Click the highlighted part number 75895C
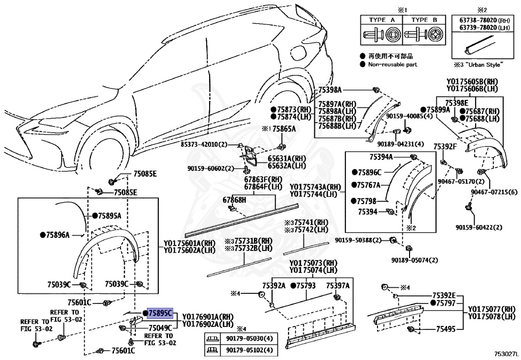(x=160, y=313)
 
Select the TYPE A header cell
(x=382, y=20)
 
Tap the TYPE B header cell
(x=424, y=20)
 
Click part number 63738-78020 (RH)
(x=484, y=20)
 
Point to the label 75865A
(x=284, y=129)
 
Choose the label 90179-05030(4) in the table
(x=249, y=339)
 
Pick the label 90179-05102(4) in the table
(x=249, y=350)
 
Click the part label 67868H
(x=234, y=200)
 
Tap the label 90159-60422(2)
(x=479, y=228)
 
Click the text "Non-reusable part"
(x=392, y=64)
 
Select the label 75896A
(x=58, y=235)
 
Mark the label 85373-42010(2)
(x=204, y=144)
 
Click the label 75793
(x=306, y=286)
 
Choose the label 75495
(x=446, y=329)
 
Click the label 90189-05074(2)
(x=414, y=260)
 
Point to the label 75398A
(x=330, y=90)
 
